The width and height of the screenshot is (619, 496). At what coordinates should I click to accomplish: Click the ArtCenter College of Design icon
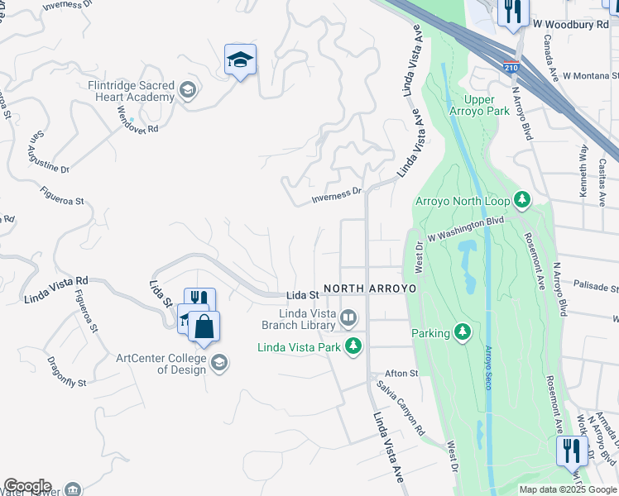tap(219, 363)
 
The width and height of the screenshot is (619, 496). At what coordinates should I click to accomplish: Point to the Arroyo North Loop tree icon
tap(522, 200)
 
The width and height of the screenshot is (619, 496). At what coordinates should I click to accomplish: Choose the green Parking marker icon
tap(463, 333)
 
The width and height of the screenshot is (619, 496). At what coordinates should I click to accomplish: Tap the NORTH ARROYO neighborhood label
tap(369, 289)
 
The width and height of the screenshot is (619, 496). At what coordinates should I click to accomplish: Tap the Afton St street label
tap(401, 374)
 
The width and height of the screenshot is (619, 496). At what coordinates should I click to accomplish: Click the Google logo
tap(27, 486)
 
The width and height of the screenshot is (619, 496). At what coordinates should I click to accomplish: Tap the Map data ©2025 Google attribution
tap(568, 489)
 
